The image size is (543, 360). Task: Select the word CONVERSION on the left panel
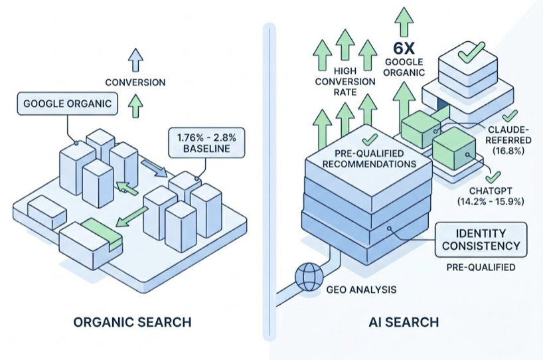[135, 82]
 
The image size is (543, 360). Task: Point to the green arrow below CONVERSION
[135, 106]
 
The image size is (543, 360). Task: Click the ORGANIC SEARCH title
[132, 322]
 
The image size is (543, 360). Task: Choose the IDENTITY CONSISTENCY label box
[481, 240]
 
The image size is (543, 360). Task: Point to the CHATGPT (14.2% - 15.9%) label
[491, 196]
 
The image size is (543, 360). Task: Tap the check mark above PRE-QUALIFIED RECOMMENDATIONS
[370, 139]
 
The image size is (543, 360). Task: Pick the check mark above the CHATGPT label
[492, 177]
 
